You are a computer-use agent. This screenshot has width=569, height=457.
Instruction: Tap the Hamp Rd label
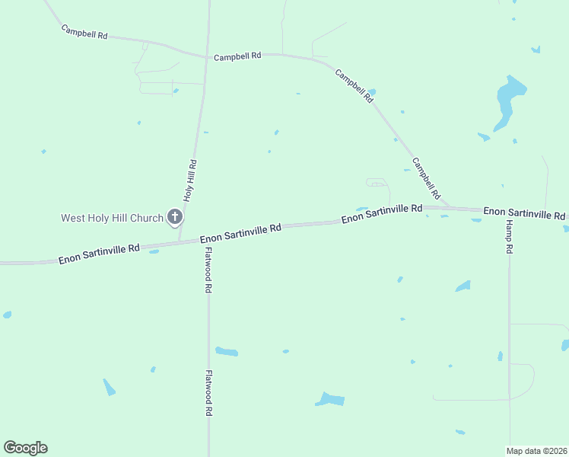click(509, 238)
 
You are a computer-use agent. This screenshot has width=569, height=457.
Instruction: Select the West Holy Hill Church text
click(112, 218)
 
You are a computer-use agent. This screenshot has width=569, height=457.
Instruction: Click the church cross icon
click(174, 218)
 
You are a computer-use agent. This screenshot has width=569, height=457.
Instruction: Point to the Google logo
click(25, 448)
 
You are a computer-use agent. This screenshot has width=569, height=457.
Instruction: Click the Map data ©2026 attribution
click(536, 450)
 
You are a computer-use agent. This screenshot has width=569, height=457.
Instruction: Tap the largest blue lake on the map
click(509, 101)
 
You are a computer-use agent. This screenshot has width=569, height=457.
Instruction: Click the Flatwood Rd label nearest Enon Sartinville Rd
click(208, 270)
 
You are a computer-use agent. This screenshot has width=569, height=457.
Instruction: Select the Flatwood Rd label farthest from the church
click(208, 392)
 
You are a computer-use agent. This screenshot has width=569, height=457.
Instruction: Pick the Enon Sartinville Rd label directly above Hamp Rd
click(524, 213)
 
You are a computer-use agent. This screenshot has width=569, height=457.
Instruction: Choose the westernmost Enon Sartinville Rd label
click(99, 254)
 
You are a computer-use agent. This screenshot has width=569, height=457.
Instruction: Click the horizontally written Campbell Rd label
click(237, 56)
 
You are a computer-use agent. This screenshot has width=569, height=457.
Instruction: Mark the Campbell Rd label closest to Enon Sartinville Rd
click(426, 178)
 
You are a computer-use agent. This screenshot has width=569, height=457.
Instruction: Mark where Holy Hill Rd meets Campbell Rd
click(206, 56)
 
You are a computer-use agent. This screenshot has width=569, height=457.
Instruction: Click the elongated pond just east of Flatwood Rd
click(227, 351)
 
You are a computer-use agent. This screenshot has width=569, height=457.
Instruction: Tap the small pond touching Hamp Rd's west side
click(500, 356)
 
